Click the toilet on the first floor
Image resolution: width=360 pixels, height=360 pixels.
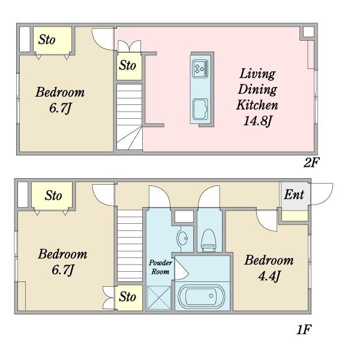click(x=209, y=240)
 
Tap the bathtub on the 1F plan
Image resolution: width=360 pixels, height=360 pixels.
click(x=202, y=296)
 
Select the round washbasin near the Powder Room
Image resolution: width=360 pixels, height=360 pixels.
click(x=182, y=238)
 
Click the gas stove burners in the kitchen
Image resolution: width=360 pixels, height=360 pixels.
click(x=200, y=68)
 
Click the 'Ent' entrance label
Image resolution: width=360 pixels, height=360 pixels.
click(x=294, y=194)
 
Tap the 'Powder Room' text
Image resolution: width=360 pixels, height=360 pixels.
click(x=160, y=267)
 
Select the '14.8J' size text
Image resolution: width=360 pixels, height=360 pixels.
click(x=257, y=121)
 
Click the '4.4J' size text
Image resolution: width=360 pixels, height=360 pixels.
click(x=269, y=276)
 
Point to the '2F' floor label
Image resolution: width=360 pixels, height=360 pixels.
click(x=311, y=163)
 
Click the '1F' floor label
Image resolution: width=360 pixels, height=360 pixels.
click(x=304, y=330)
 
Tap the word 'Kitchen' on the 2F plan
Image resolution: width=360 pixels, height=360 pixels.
click(x=257, y=105)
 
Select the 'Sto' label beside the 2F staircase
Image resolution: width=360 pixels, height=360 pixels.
click(x=127, y=65)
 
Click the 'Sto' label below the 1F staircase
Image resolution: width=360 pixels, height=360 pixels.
click(x=127, y=296)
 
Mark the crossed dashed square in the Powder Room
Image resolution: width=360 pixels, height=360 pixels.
click(x=159, y=298)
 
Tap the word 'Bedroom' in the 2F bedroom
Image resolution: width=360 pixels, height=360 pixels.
click(x=60, y=92)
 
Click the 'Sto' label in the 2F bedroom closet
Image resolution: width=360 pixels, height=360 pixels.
click(x=47, y=40)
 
